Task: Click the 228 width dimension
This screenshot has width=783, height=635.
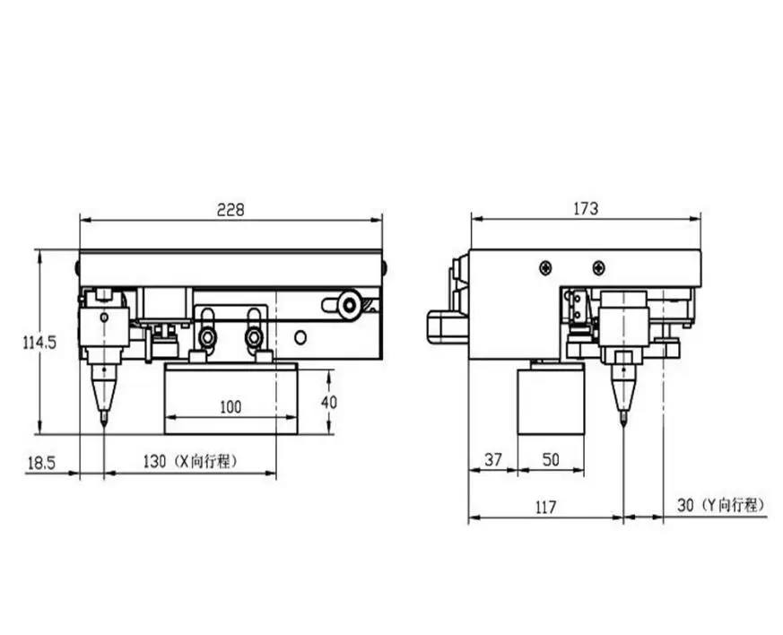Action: (231, 210)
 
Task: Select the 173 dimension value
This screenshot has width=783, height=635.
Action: (586, 208)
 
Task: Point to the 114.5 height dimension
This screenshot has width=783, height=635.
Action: (40, 343)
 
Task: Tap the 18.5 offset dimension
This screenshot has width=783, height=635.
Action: (41, 464)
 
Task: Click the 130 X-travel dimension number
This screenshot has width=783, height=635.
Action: (154, 461)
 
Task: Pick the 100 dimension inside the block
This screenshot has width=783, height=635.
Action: (231, 407)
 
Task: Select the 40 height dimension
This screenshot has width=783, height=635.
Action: (329, 402)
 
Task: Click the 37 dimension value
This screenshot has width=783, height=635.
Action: (493, 459)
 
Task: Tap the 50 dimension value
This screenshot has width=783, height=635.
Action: (551, 459)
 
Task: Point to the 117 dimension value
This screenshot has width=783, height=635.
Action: (545, 508)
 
